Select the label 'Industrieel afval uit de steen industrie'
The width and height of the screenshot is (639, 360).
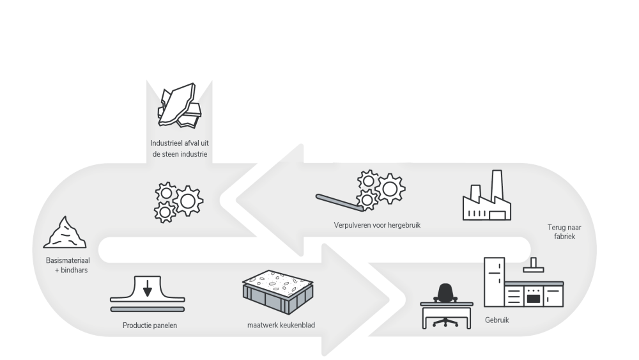point(180,148)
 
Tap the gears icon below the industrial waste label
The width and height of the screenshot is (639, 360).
point(179,201)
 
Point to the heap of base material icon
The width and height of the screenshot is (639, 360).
point(65,233)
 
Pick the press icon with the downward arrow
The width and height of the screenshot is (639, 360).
point(148,295)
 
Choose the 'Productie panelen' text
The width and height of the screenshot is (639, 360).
point(150,325)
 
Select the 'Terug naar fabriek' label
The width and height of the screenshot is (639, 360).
point(562,231)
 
